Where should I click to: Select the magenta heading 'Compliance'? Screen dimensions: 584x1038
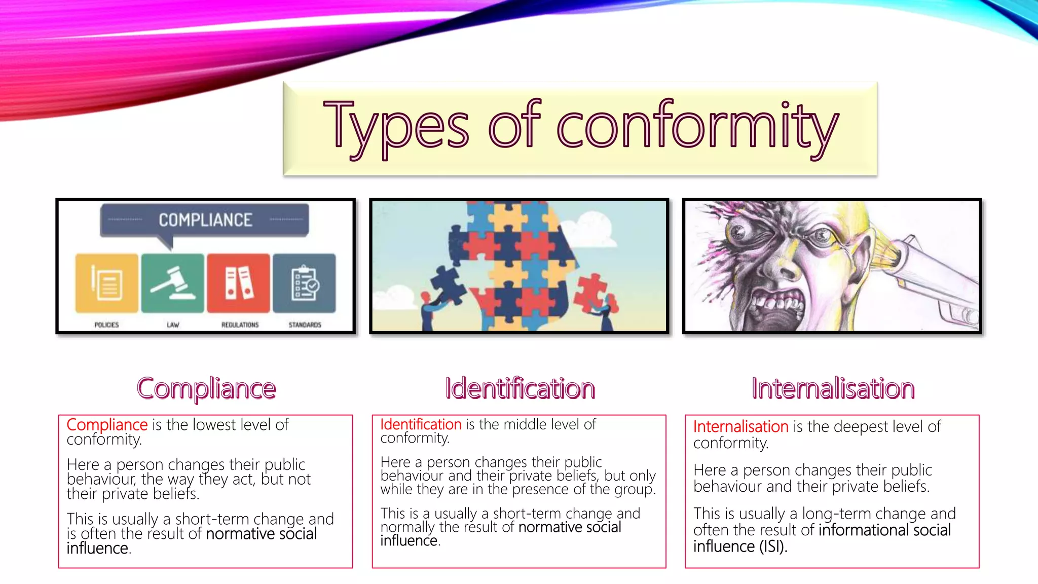(x=206, y=389)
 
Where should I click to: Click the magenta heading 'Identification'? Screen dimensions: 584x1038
(x=520, y=389)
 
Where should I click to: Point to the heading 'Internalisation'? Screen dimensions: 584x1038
(x=833, y=389)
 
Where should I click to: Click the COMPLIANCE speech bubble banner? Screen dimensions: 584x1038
(x=205, y=220)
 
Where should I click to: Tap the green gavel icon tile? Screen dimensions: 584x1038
(x=172, y=283)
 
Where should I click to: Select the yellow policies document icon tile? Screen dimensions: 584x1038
(x=107, y=283)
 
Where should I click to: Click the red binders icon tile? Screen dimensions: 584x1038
(x=238, y=283)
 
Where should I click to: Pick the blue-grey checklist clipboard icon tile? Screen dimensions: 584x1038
(x=304, y=283)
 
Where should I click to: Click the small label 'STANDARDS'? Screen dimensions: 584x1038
(x=305, y=325)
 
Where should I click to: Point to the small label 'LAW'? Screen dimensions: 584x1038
(x=173, y=325)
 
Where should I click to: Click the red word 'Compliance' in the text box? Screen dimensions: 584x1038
(x=107, y=425)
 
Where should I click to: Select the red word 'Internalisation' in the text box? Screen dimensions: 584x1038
(x=740, y=427)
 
